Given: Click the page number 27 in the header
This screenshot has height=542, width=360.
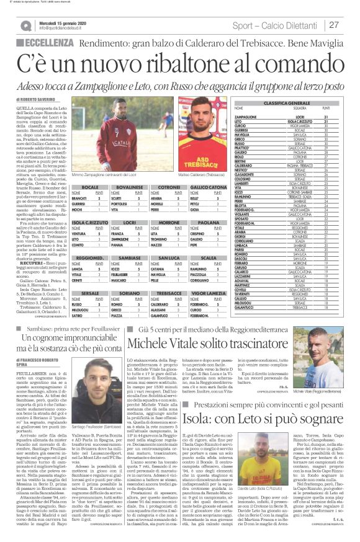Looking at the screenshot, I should pos(334,25).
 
